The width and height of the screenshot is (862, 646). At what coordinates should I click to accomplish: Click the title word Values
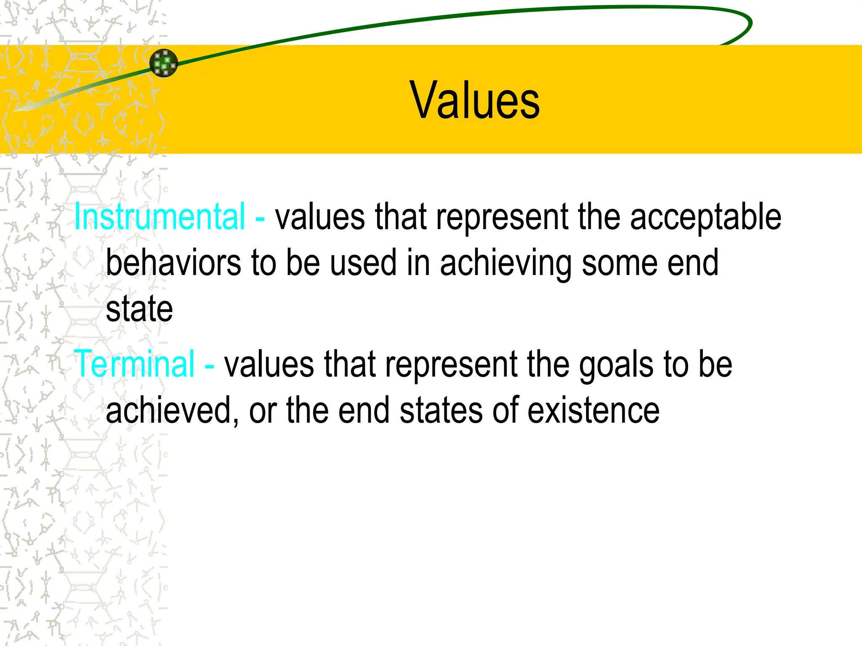coord(474,101)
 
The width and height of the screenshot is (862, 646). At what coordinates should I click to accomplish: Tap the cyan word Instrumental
coord(160,217)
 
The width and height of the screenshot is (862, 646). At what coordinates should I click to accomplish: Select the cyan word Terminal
coord(134,364)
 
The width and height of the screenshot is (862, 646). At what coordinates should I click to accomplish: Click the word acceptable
coord(705,217)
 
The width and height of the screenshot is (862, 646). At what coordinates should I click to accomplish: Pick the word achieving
coord(505,264)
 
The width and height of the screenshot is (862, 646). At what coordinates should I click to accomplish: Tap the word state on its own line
coord(139,309)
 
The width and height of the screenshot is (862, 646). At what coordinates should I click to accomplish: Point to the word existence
coord(593,410)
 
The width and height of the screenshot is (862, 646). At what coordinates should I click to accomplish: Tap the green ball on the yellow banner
coord(164,63)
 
